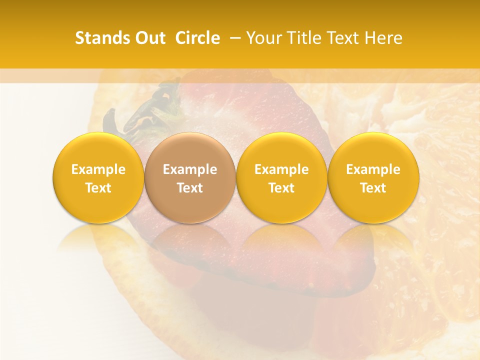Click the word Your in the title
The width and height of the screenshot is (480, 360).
262,38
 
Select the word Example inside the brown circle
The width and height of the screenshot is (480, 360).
190,169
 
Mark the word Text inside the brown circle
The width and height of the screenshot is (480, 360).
190,188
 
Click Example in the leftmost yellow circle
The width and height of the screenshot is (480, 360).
98,169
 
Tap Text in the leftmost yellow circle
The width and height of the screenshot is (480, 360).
98,188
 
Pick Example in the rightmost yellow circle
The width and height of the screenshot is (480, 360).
373,169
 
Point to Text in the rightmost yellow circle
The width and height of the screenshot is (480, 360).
373,188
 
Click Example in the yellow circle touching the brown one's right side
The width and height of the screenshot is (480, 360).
281,169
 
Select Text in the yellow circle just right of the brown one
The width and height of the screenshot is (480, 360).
281,188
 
